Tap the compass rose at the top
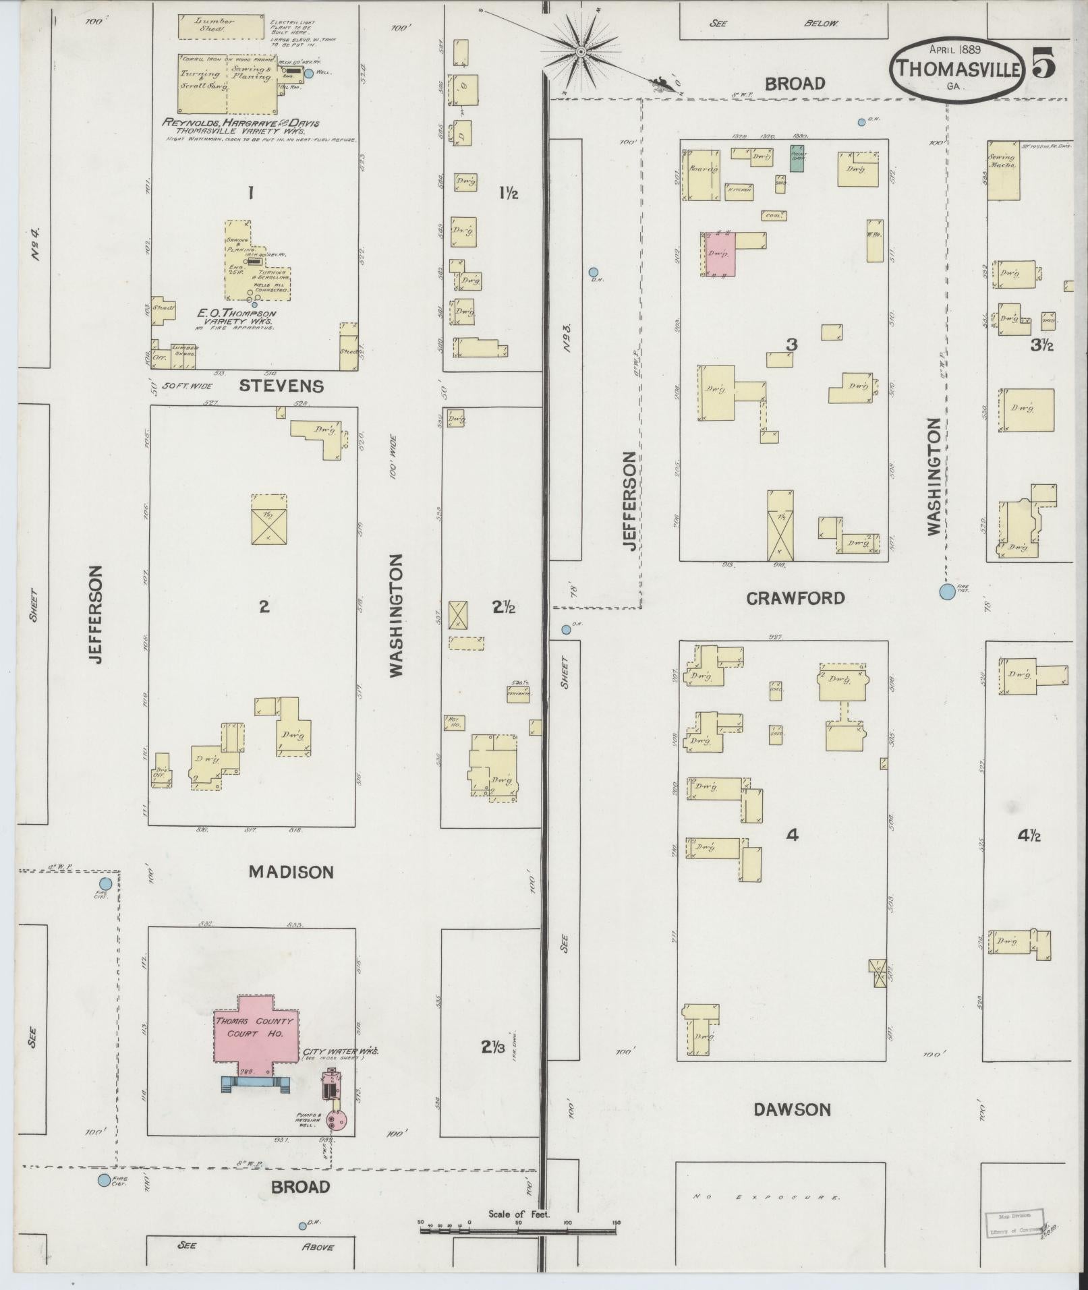point(580,51)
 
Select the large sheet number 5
point(1041,65)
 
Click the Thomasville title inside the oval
point(956,69)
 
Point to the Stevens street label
point(281,386)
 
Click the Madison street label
point(291,872)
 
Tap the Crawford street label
point(795,598)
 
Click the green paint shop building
point(797,159)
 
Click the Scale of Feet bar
point(518,1231)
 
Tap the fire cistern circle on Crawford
point(947,592)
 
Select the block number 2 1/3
point(493,1047)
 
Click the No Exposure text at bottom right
point(767,1198)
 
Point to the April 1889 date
point(954,49)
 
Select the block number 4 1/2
point(1029,835)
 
